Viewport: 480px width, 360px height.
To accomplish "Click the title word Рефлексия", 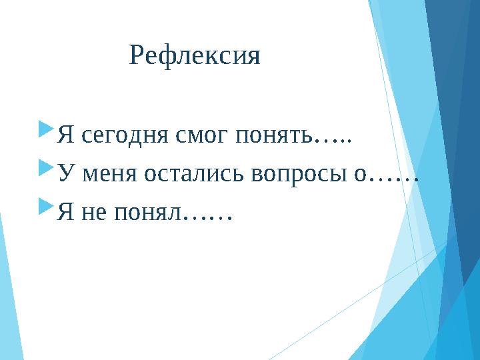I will (195, 56).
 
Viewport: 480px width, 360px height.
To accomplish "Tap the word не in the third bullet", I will (93, 213).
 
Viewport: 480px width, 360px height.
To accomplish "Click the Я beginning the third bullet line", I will (65, 213).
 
